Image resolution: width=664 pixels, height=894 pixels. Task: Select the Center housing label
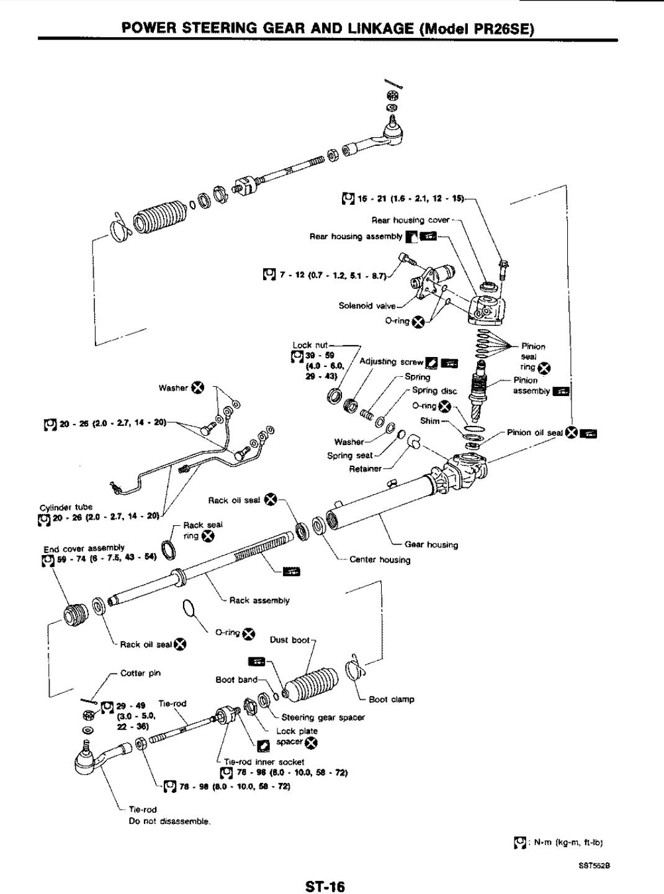[x=380, y=559]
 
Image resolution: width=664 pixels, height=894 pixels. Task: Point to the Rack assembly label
[x=259, y=600]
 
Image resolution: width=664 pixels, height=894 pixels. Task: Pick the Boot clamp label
[x=391, y=699]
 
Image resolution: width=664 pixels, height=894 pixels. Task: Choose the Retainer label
[x=365, y=468]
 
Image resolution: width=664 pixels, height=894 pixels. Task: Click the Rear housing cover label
[x=410, y=220]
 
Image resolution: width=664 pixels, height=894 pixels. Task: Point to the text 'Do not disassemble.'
[x=169, y=821]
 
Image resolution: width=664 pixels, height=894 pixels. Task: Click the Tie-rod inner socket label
[x=264, y=762]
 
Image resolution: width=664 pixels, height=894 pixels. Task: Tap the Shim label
[x=429, y=420]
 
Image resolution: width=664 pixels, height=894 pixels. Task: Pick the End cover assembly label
[x=84, y=548]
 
